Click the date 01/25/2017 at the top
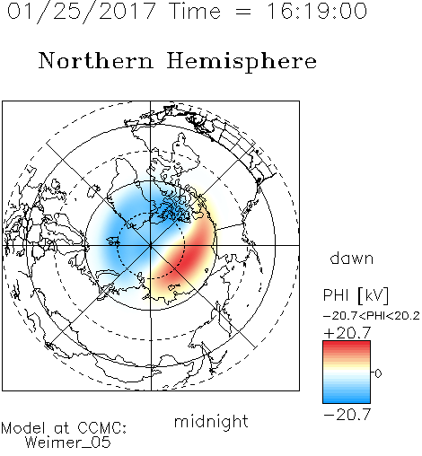click(81, 12)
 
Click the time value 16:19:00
click(317, 12)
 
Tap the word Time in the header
click(195, 12)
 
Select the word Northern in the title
click(96, 60)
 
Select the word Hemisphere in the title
click(242, 61)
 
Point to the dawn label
click(352, 258)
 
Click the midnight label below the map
click(211, 422)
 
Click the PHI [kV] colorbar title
click(356, 295)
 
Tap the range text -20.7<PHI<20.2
click(372, 316)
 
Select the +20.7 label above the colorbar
click(347, 333)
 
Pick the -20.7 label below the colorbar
click(347, 415)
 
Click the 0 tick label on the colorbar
click(378, 373)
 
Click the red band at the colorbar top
click(347, 346)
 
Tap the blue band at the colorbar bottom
click(347, 398)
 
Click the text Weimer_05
click(68, 443)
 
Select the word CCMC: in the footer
click(102, 428)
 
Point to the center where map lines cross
click(151, 245)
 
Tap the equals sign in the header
click(243, 13)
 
